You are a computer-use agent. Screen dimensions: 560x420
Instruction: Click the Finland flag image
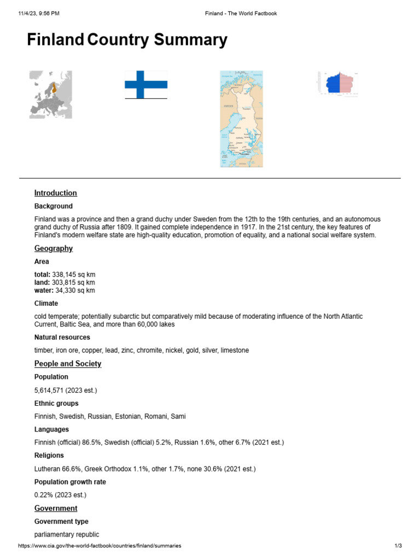146,85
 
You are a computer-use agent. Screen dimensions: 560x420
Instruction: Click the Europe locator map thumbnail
50,95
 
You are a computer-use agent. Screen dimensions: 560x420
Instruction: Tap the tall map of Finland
241,119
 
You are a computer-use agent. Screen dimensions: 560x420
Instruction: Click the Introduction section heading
55,193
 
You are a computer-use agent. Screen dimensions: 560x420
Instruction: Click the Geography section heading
53,248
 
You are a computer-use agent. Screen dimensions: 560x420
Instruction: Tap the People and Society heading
67,364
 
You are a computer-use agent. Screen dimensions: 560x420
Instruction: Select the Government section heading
56,508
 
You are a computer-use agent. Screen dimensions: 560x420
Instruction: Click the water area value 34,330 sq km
75,290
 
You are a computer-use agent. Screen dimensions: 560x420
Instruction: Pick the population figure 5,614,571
53,390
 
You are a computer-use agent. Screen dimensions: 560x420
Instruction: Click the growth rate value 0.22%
45,495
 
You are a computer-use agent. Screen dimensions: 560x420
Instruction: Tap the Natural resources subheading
62,337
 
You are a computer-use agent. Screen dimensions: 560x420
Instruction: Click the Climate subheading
46,304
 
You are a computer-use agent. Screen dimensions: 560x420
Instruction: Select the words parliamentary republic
66,534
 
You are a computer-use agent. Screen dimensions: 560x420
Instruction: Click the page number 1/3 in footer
398,546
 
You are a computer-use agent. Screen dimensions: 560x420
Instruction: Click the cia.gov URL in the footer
100,546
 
